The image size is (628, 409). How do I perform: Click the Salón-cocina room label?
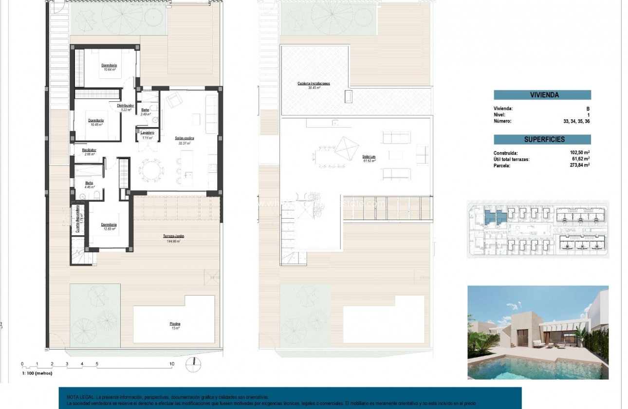183,138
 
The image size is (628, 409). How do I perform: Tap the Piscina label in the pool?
175,323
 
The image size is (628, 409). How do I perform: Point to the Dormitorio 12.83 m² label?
109,225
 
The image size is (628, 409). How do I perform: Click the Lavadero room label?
148,133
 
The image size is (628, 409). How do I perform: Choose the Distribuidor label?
126,105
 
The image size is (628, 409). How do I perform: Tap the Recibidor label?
89,150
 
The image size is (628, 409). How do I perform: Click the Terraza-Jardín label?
173,236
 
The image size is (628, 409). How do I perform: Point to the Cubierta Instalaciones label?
314,84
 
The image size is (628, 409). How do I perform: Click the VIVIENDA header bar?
542,95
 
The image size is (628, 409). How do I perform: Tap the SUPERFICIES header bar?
542,140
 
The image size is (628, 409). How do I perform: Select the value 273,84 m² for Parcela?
580,166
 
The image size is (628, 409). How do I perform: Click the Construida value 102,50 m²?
580,153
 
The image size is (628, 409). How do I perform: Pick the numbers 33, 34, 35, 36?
576,121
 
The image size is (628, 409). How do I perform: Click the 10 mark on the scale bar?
171,364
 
